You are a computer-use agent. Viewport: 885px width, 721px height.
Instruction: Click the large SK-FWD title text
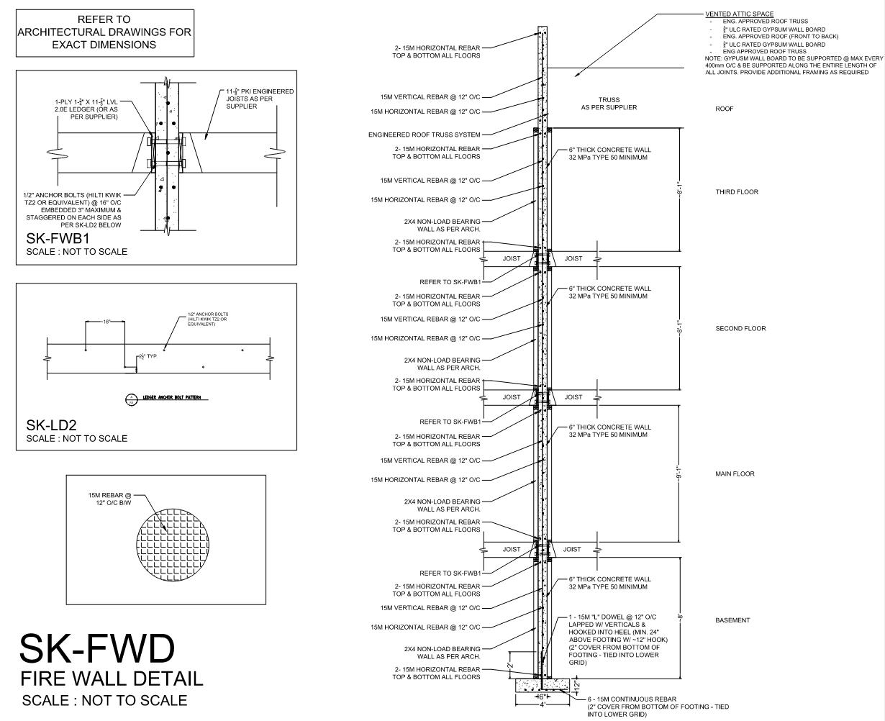click(x=97, y=648)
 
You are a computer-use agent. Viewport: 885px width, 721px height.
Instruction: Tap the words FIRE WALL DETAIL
click(x=112, y=678)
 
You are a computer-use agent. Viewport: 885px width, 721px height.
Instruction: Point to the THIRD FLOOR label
click(x=737, y=192)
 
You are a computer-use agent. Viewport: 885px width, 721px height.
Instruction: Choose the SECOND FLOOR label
click(x=740, y=329)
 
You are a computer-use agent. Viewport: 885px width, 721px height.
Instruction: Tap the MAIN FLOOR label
click(x=735, y=474)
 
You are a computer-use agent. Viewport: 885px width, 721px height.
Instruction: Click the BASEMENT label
click(x=732, y=620)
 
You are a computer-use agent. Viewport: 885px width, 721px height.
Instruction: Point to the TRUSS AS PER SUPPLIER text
click(x=609, y=104)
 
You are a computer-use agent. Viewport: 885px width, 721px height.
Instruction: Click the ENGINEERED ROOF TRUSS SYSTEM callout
click(x=424, y=135)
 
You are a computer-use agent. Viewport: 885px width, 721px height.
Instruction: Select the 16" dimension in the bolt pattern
click(x=105, y=322)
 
